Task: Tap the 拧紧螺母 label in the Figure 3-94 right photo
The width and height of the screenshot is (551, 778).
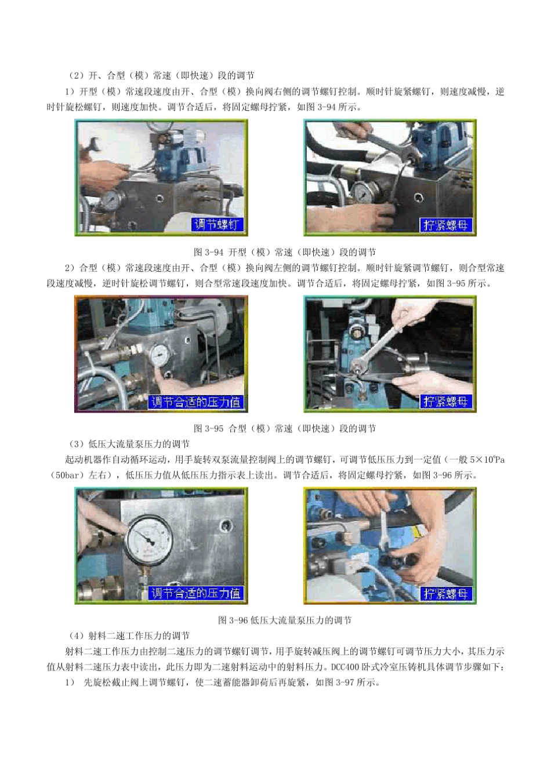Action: [x=445, y=225]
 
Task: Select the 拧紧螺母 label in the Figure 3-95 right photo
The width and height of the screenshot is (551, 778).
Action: [x=445, y=401]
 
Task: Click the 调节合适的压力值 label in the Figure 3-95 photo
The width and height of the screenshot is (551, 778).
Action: [x=195, y=401]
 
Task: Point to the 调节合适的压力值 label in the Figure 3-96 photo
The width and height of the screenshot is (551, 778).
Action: [x=195, y=593]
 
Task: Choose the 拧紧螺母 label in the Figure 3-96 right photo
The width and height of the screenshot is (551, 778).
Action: [x=445, y=593]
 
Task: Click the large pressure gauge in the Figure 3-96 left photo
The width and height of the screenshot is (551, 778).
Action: [x=149, y=539]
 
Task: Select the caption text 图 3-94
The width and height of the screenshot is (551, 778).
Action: [x=209, y=252]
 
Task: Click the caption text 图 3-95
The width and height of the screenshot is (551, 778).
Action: [x=209, y=429]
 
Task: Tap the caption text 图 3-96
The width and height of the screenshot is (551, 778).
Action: [x=232, y=620]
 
